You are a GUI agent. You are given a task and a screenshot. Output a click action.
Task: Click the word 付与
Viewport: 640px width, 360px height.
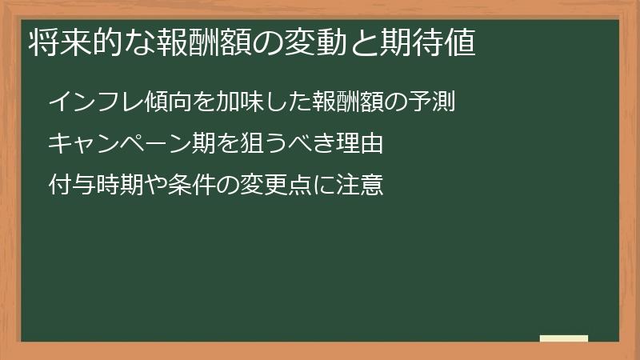click(70, 186)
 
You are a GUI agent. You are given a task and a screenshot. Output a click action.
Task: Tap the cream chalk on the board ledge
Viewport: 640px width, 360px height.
click(563, 338)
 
